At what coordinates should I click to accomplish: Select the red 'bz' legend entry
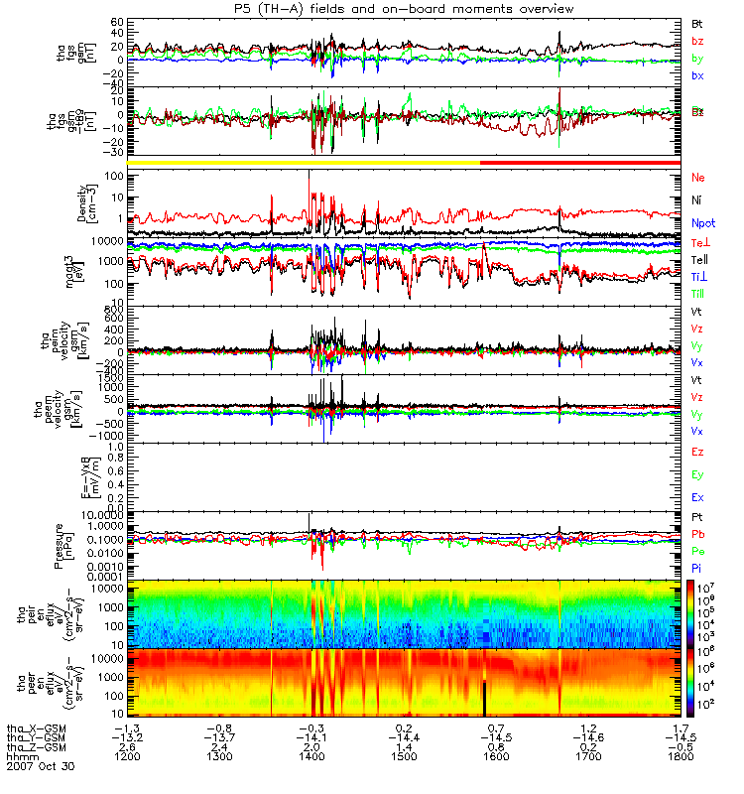pyautogui.click(x=697, y=40)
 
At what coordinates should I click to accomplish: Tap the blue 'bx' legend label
pyautogui.click(x=697, y=75)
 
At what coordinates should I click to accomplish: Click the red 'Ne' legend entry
pyautogui.click(x=698, y=178)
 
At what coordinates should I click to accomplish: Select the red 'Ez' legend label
pyautogui.click(x=698, y=452)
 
